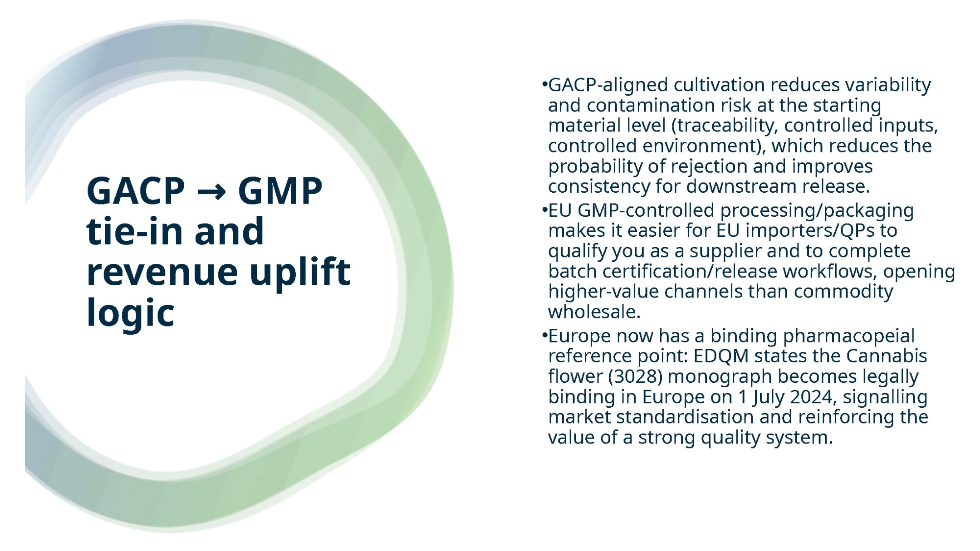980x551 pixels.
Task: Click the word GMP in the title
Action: pyautogui.click(x=280, y=191)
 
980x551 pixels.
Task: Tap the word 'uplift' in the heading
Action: pyautogui.click(x=300, y=272)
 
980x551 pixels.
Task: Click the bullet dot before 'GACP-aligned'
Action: pyautogui.click(x=544, y=85)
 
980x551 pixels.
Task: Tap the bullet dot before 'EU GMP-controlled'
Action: pyautogui.click(x=544, y=210)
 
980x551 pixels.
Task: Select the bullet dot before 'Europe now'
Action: pyautogui.click(x=544, y=336)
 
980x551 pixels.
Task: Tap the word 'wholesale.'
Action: pyautogui.click(x=594, y=312)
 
